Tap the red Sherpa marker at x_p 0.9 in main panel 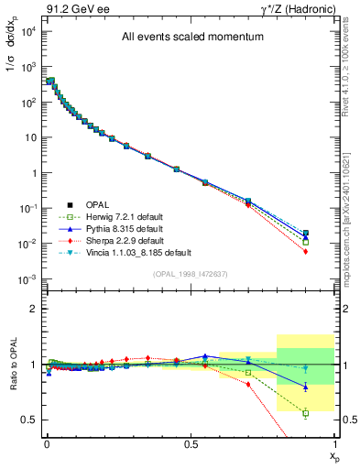pyautogui.click(x=305, y=251)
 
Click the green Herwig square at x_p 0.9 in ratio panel pyautogui.click(x=305, y=413)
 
